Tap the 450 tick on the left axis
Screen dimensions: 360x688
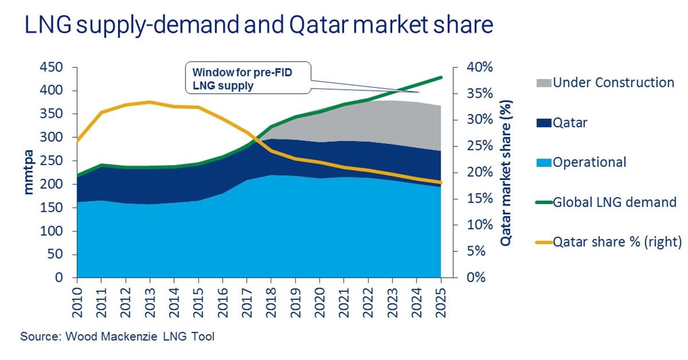[51, 67]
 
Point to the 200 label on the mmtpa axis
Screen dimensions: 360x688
[51, 184]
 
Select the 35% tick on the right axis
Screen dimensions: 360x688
[480, 94]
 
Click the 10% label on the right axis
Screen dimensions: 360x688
[480, 225]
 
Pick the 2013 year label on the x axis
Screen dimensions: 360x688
[150, 303]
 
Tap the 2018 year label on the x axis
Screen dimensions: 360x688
[271, 303]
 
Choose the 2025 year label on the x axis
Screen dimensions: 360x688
[441, 303]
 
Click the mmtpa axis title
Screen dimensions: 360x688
[29, 172]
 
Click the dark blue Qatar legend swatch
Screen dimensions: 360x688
[544, 123]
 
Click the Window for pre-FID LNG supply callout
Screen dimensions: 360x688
[248, 78]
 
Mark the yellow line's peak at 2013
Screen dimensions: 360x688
[150, 102]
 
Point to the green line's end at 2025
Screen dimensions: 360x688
[441, 78]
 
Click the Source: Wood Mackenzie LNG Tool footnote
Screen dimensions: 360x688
[117, 336]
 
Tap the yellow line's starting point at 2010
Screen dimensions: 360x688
[78, 140]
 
